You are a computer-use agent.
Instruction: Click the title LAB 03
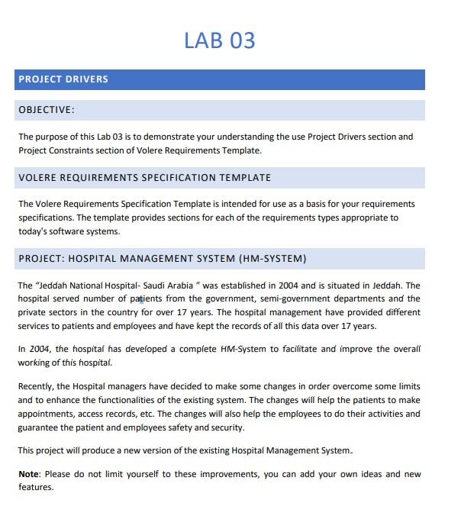(x=219, y=40)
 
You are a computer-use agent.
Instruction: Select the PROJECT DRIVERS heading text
(x=63, y=79)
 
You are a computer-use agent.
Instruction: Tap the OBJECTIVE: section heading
(x=47, y=110)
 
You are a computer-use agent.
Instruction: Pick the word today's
(x=34, y=231)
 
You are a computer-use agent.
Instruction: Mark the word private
(x=33, y=312)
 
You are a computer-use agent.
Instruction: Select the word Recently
(x=36, y=386)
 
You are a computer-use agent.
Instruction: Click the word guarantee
(x=38, y=427)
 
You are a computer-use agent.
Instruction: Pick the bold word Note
(x=28, y=474)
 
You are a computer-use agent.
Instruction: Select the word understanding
(x=240, y=137)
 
